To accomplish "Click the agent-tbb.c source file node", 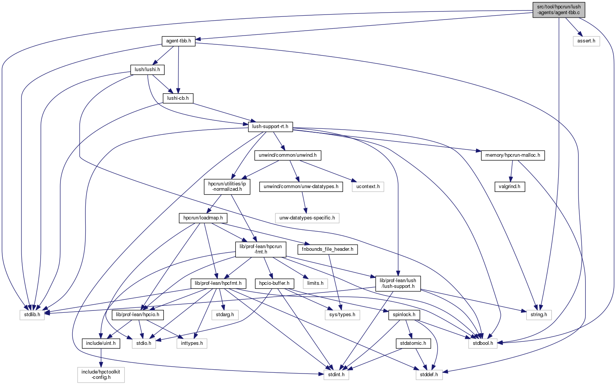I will [559, 10].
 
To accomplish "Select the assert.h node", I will [586, 41].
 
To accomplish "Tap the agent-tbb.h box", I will [178, 41].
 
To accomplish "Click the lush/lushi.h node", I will [147, 70].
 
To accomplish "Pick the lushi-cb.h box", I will [178, 98].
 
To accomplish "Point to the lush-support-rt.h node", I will [270, 127].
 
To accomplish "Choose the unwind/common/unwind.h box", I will [288, 155].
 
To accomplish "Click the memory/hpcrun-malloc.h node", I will [513, 155].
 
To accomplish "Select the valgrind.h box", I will [510, 187].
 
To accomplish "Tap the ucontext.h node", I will [368, 187].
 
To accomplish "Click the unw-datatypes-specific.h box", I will [307, 218].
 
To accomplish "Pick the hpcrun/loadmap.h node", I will [203, 218].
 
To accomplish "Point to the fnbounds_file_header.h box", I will [328, 249].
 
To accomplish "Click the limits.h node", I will [315, 283].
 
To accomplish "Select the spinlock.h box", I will [404, 315].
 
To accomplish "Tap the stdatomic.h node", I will [413, 343].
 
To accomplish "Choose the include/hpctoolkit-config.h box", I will [101, 374].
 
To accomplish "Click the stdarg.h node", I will [225, 315].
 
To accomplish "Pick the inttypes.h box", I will [192, 343].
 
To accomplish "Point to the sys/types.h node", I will [342, 315].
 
